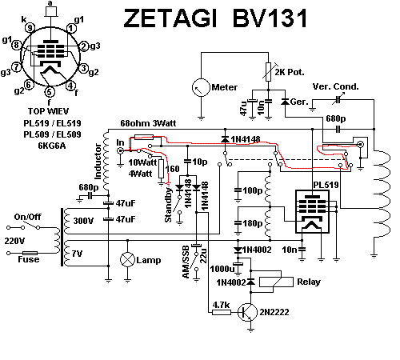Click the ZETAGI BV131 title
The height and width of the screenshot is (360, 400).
coord(215,18)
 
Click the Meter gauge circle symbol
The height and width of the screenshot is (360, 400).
coord(201,87)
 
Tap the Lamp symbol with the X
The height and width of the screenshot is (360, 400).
coord(127,259)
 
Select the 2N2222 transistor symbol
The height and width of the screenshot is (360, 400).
coord(247,312)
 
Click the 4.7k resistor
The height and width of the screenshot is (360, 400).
coord(222,312)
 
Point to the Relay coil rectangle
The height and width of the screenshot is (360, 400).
coord(276,282)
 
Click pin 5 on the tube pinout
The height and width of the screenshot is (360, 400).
coord(49,92)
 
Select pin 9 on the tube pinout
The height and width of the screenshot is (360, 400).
coord(30,27)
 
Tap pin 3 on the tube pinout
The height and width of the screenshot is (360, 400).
coord(84,68)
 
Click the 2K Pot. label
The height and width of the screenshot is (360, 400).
coord(290,72)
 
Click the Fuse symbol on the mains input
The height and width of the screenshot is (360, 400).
coord(30,253)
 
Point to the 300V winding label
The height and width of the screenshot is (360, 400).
coord(83,221)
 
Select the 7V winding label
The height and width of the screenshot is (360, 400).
coord(78,254)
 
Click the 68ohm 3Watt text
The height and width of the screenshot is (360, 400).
coord(148,123)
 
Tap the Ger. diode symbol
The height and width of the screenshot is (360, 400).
coord(286,102)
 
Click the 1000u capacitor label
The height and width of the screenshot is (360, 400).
coord(222,269)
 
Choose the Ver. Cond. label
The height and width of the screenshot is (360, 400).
coord(335,86)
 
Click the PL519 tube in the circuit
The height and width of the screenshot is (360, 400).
coord(313,211)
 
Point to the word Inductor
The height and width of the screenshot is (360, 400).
coord(98,162)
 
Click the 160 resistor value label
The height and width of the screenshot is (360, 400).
coord(172,169)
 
